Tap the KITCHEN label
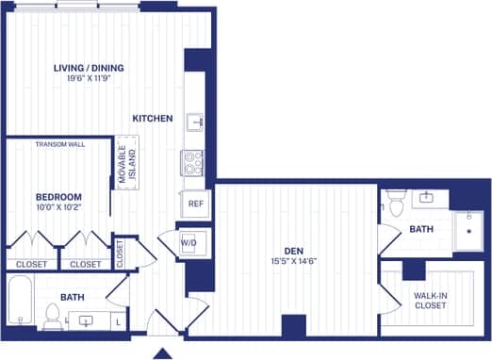(x=152, y=119)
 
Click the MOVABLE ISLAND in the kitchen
(x=127, y=162)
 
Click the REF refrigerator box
(x=195, y=203)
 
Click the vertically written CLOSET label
(x=120, y=253)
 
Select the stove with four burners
(x=193, y=163)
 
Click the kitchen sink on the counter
(x=194, y=121)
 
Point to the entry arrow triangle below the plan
(x=162, y=353)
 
